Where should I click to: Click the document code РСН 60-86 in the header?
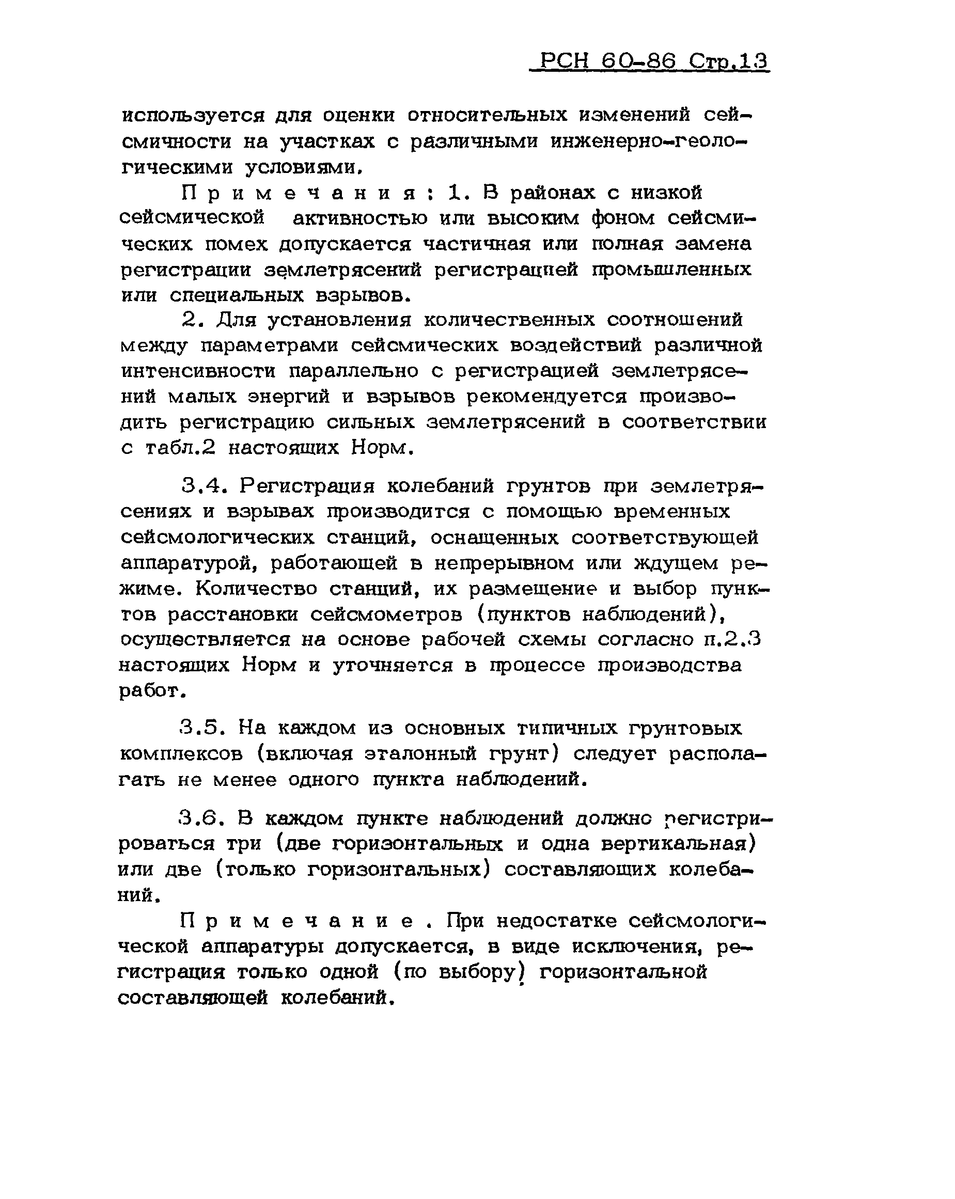point(607,60)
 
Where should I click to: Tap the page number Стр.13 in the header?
point(729,60)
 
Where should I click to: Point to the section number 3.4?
point(205,486)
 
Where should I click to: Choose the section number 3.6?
point(201,818)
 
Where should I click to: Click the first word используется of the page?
point(193,116)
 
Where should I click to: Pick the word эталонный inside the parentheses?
point(420,753)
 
